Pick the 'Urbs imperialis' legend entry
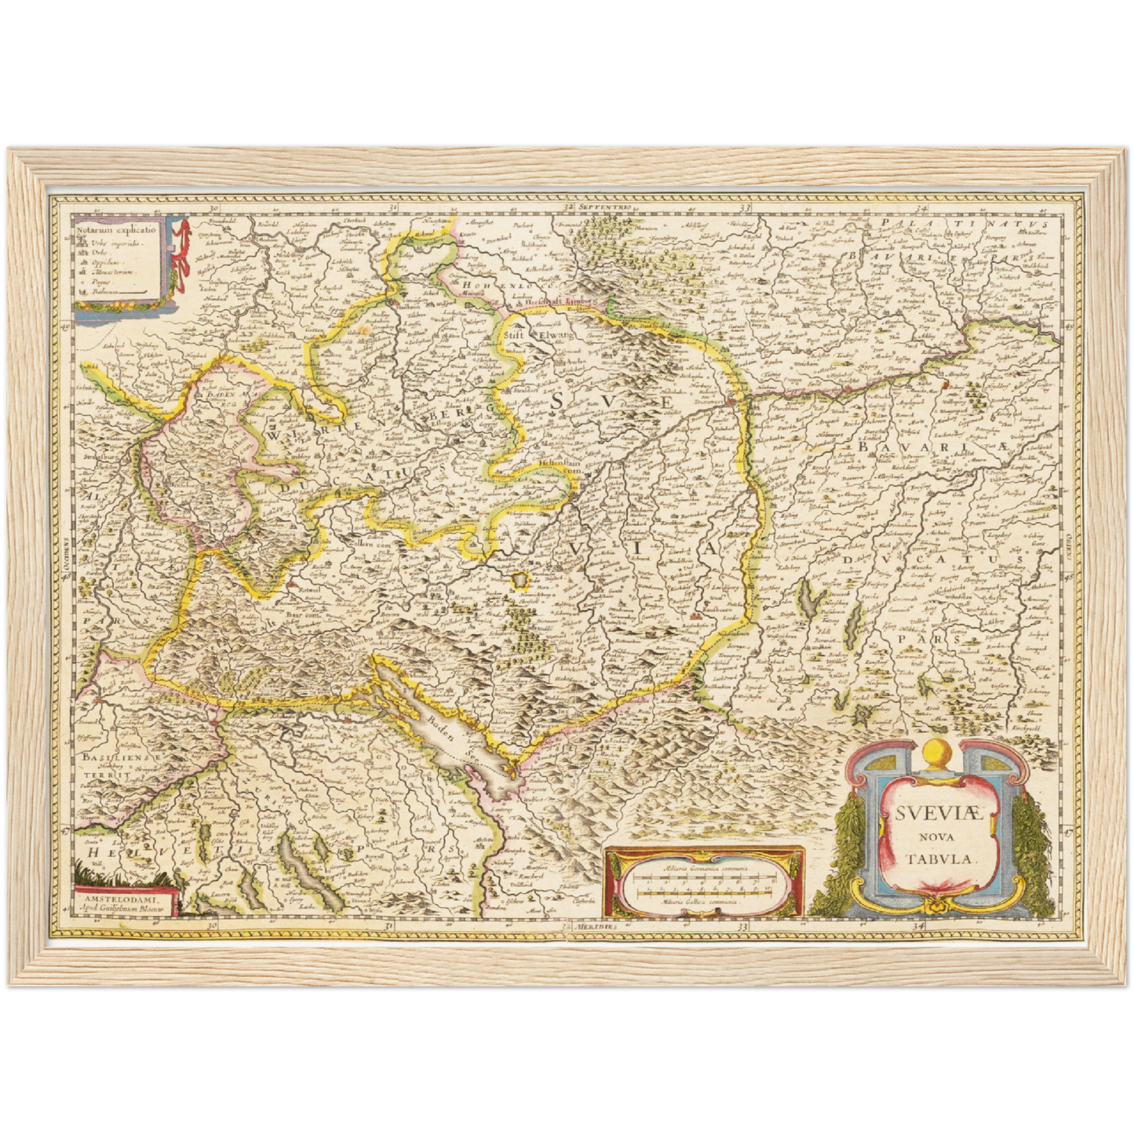117,244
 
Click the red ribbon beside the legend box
183,251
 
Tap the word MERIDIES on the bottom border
593,927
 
